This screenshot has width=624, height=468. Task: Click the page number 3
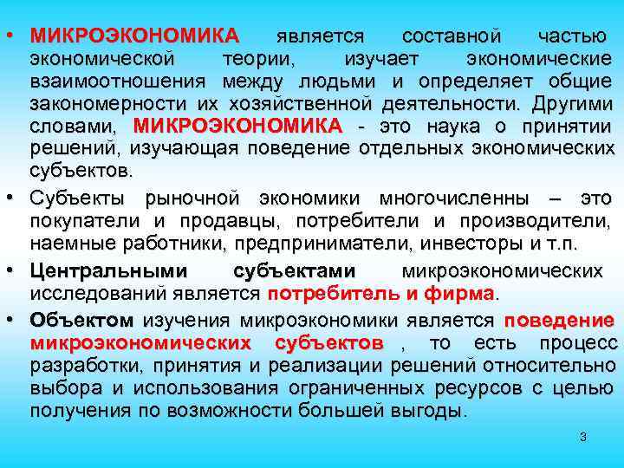coord(583,438)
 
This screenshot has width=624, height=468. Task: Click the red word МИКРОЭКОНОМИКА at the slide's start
coord(133,36)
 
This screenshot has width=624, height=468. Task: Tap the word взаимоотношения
coord(116,81)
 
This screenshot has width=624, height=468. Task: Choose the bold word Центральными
coord(95,270)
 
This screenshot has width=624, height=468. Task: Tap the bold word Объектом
coord(81,322)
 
